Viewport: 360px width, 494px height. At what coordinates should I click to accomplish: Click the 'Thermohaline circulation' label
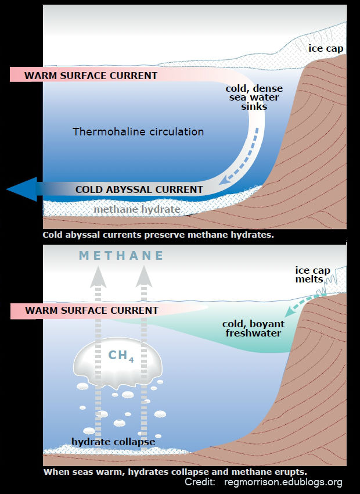coord(138,132)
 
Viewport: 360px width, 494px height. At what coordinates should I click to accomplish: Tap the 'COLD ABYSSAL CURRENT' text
coord(139,189)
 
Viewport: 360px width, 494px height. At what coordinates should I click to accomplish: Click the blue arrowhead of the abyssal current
coord(21,189)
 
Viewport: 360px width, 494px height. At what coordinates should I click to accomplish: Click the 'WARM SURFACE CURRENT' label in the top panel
coord(91,76)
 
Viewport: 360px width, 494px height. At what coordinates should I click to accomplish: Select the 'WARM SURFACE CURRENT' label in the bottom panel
coord(92,310)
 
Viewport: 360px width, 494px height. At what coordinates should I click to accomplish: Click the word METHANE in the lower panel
coord(121,256)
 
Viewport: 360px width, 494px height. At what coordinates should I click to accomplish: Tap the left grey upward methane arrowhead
coord(98,277)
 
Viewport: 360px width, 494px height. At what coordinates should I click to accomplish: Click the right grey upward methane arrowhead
coord(144,277)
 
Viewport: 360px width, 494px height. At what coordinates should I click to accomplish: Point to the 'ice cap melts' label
coord(314,275)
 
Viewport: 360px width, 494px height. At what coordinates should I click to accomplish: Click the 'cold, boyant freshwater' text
coord(251,328)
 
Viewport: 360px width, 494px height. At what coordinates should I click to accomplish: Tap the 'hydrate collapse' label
coord(113,442)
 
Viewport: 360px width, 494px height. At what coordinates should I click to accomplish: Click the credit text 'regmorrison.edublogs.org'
coord(283,482)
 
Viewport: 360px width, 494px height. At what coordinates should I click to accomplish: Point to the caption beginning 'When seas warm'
coord(174,471)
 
